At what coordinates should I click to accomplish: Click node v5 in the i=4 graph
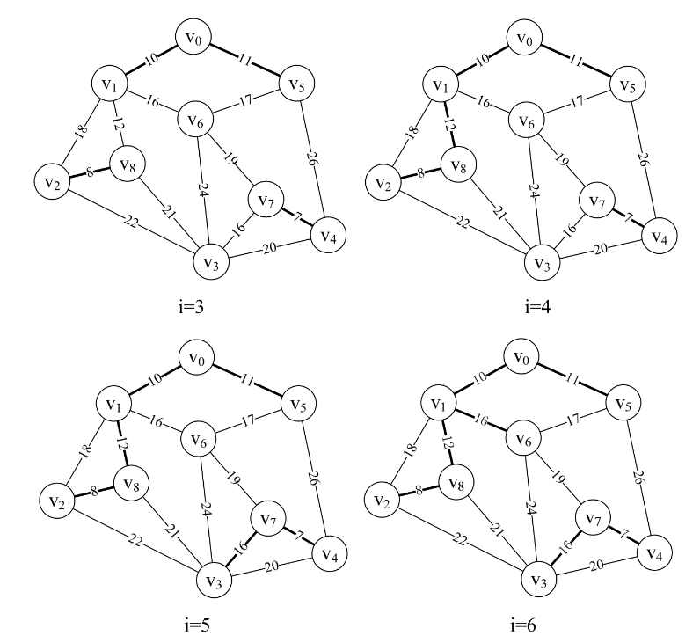[x=623, y=86]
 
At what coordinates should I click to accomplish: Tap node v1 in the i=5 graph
[x=113, y=406]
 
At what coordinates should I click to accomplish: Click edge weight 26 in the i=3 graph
[x=314, y=159]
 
